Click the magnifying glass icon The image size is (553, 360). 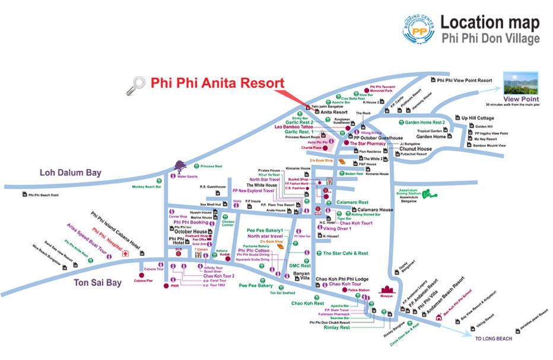(x=135, y=87)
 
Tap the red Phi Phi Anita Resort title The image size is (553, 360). (x=217, y=83)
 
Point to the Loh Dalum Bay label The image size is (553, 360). (x=71, y=173)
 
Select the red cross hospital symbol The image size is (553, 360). (x=125, y=253)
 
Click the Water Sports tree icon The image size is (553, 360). (x=178, y=165)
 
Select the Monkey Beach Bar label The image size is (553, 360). (x=147, y=187)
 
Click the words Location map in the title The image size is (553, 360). (x=490, y=23)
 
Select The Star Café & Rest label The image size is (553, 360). (x=345, y=253)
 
